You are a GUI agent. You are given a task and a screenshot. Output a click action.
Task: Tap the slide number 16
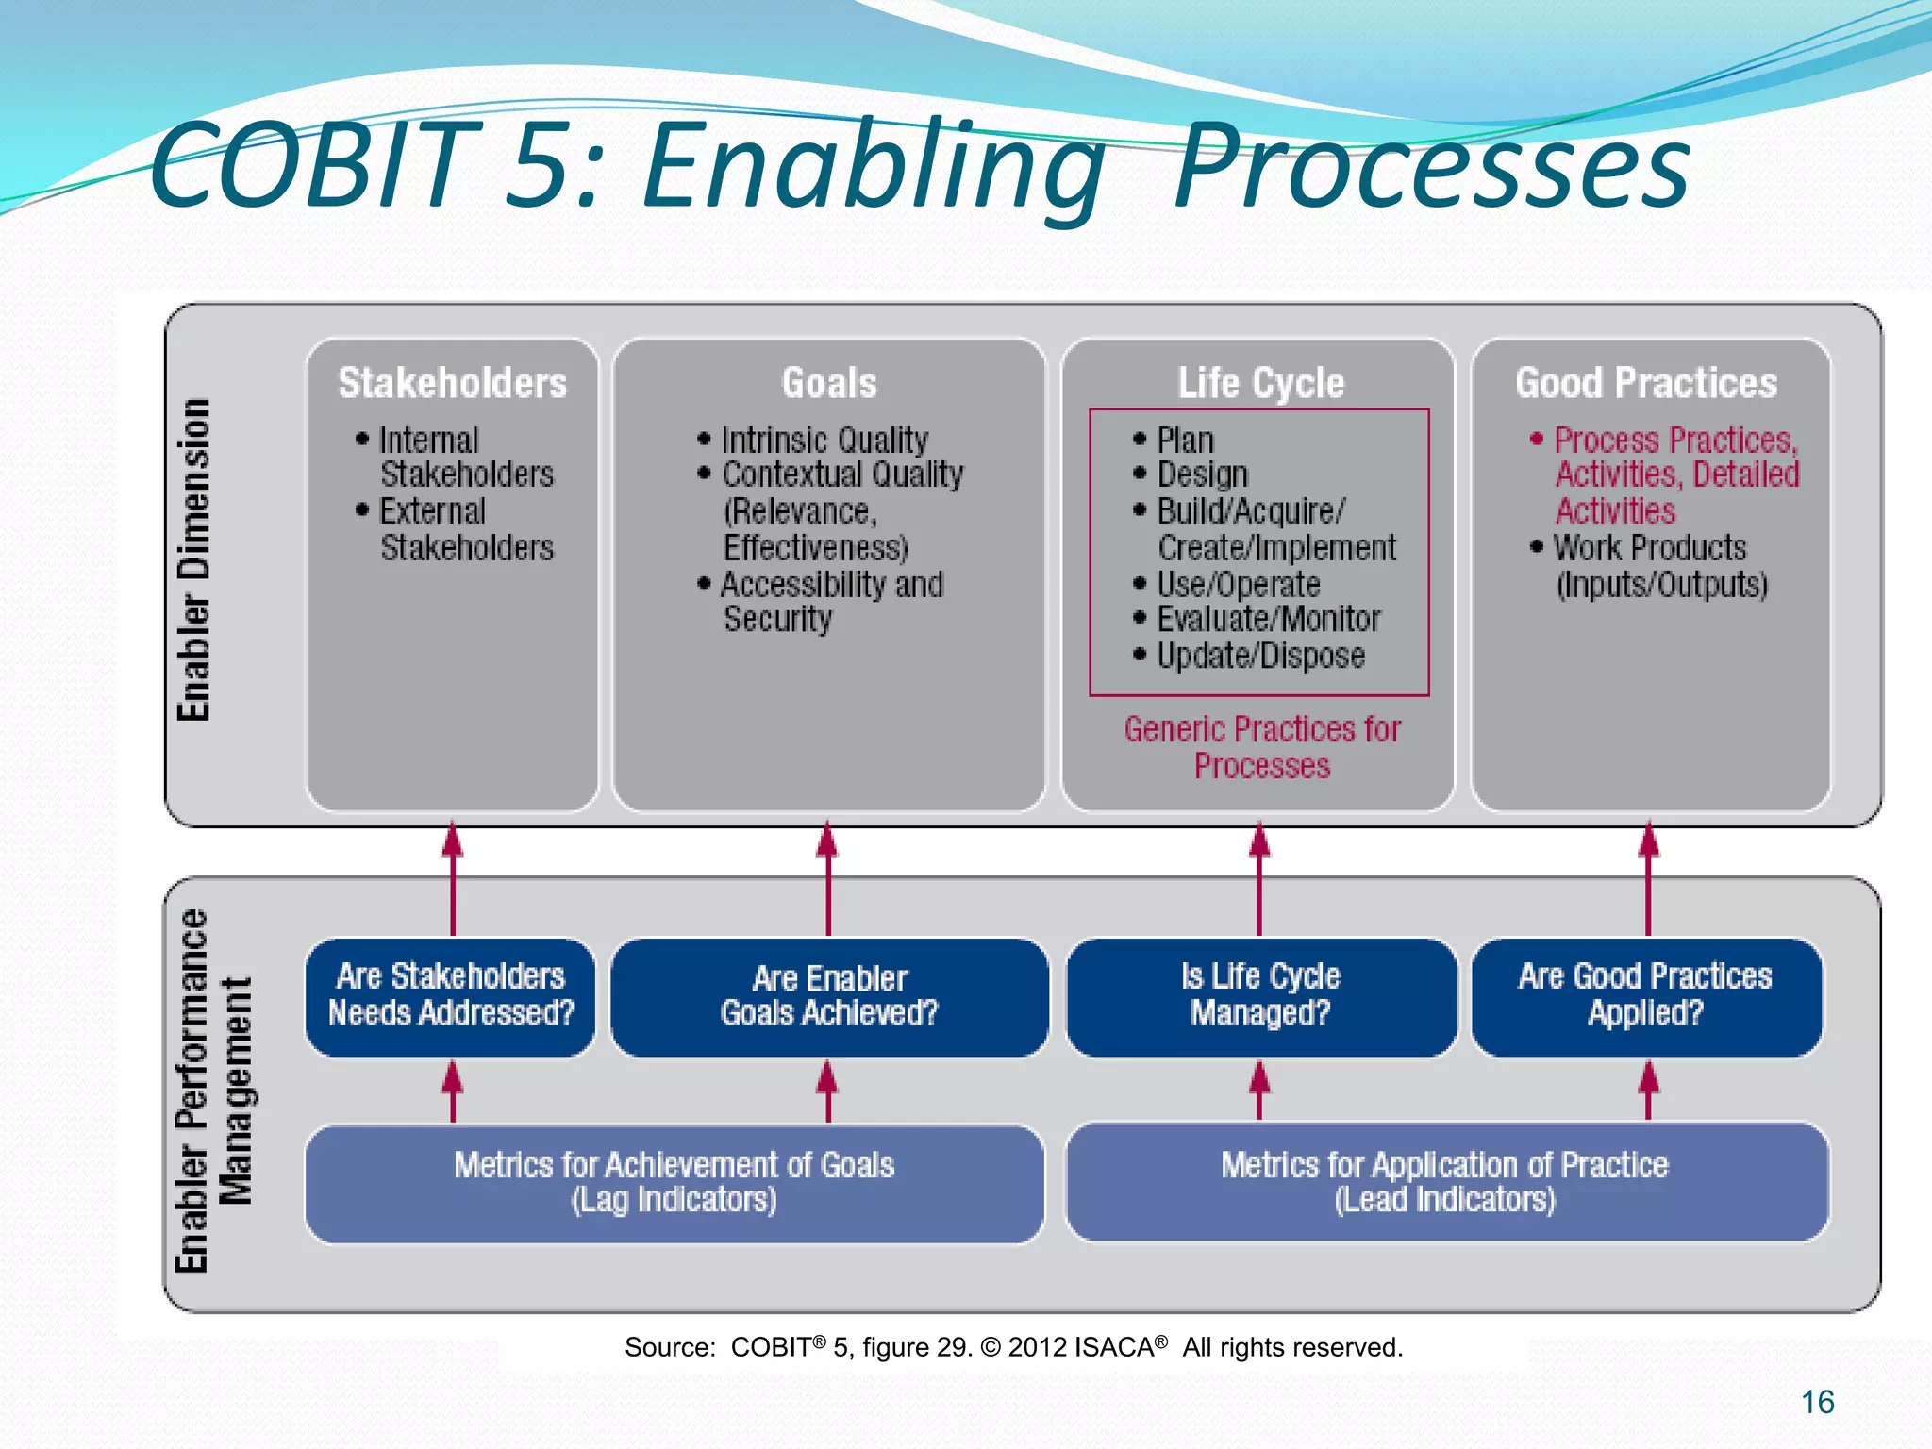point(1817,1402)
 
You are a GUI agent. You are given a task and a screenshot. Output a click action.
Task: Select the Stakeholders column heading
point(452,383)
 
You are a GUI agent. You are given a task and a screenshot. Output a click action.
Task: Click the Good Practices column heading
point(1646,383)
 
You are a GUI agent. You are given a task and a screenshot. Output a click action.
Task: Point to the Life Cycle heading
point(1260,383)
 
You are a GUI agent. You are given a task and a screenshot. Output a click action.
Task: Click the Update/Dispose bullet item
point(1259,656)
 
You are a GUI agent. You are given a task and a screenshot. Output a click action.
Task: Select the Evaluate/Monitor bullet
point(1268,619)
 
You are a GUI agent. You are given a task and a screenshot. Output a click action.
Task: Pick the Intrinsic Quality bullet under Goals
point(824,440)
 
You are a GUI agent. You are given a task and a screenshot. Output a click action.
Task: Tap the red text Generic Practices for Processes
point(1261,747)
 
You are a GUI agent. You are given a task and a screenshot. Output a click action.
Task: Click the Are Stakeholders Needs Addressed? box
point(451,995)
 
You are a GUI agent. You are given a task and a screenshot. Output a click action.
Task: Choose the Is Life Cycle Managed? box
point(1260,995)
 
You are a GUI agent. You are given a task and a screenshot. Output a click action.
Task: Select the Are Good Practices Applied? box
point(1645,995)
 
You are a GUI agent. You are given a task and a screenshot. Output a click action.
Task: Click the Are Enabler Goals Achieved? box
point(828,995)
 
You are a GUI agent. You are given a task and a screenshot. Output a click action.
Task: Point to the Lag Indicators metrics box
point(674,1183)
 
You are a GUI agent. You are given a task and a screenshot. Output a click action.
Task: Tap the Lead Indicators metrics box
point(1445,1183)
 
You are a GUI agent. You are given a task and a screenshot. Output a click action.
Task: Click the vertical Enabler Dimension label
point(194,560)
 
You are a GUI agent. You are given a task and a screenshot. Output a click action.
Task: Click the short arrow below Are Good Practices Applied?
point(1648,1091)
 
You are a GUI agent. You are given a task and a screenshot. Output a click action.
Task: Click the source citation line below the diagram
point(1013,1347)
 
